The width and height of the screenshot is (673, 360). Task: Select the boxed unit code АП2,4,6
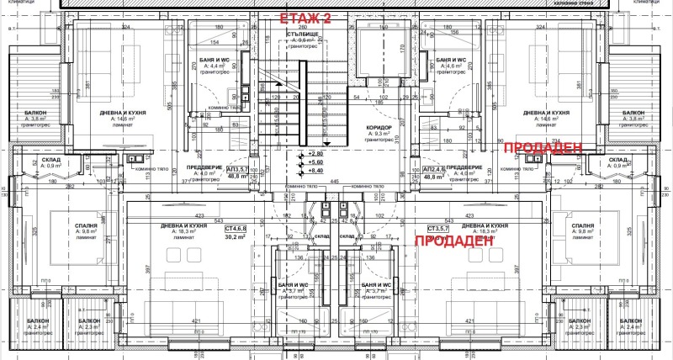435,169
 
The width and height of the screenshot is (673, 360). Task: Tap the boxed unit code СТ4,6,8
236,228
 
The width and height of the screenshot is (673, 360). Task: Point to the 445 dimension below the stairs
334,182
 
